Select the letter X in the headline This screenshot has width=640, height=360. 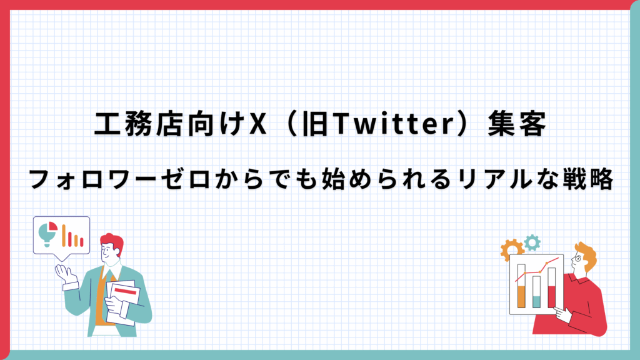pyautogui.click(x=258, y=124)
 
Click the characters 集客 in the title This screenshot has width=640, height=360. pyautogui.click(x=517, y=124)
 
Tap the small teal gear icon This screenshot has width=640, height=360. pyautogui.click(x=532, y=242)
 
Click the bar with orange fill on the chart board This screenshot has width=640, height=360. pyautogui.click(x=521, y=286)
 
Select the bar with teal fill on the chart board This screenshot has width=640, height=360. pyautogui.click(x=537, y=292)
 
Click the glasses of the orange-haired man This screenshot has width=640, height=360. pyautogui.click(x=577, y=258)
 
